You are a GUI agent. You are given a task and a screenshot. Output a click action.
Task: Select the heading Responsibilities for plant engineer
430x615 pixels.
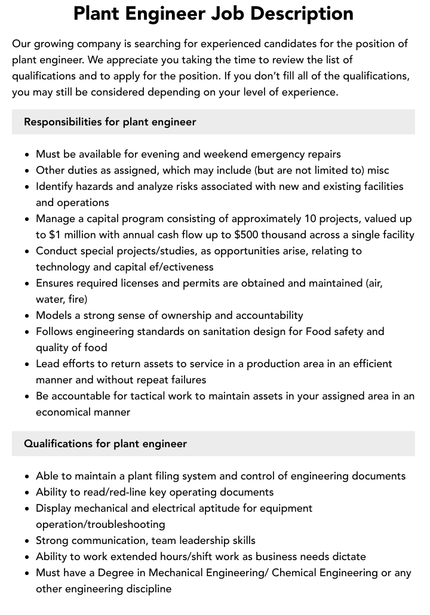coord(110,122)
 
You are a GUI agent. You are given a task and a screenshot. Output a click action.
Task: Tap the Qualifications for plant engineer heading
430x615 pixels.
coord(105,444)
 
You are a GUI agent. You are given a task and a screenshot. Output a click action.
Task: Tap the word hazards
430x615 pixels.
coord(93,186)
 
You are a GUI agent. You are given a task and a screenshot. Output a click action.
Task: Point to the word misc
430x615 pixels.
coord(378,170)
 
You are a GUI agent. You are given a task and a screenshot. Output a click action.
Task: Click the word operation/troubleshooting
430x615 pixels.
coord(100,524)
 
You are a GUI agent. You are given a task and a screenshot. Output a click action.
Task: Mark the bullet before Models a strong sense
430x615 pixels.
coord(27,316)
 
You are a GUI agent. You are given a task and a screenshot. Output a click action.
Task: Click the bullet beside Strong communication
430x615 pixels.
coord(27,541)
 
